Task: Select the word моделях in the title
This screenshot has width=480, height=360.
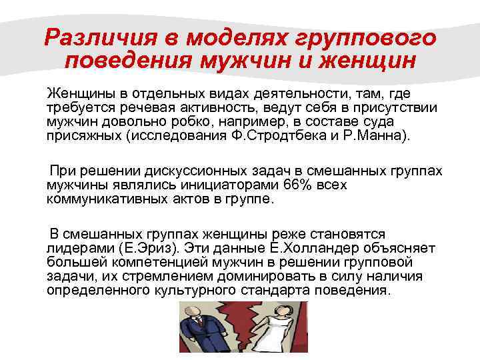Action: coord(222,37)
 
